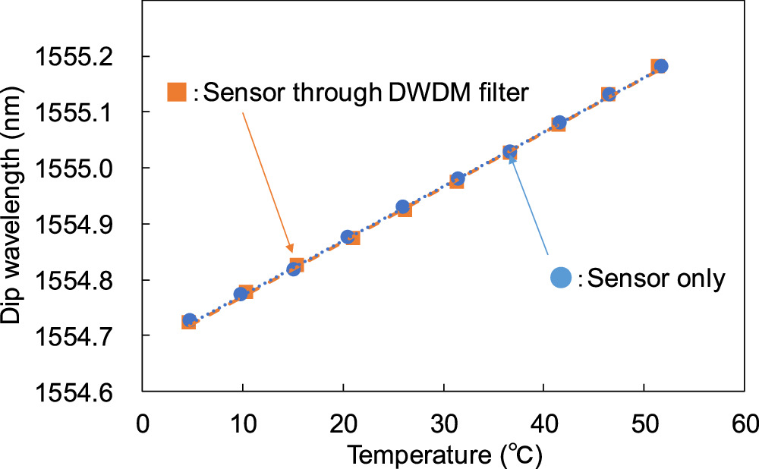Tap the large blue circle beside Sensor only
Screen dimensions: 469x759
click(561, 278)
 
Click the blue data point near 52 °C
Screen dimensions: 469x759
click(660, 66)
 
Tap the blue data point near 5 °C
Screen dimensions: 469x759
click(190, 319)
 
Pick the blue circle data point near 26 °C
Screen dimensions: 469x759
click(403, 206)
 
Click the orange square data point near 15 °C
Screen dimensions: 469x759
click(297, 265)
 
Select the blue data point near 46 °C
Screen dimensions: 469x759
click(609, 94)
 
